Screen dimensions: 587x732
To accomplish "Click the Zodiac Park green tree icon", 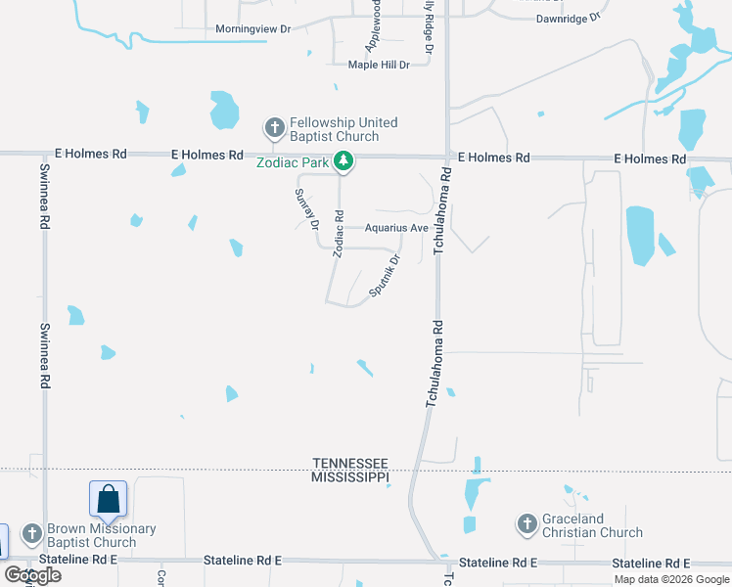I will pyautogui.click(x=343, y=161).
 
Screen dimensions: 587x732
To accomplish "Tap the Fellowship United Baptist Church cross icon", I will pyautogui.click(x=274, y=128).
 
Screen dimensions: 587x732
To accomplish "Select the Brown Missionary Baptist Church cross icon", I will pyautogui.click(x=31, y=534).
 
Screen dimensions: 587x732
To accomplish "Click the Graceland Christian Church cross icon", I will pyautogui.click(x=526, y=524).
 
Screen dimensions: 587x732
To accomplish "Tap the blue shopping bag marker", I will pyautogui.click(x=108, y=499).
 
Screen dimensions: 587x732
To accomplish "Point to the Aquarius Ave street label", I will pyautogui.click(x=396, y=228).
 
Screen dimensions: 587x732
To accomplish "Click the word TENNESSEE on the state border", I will pyautogui.click(x=350, y=463).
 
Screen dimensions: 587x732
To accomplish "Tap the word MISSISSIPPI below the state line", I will pyautogui.click(x=350, y=476).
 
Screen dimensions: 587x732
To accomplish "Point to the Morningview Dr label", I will pyautogui.click(x=253, y=29).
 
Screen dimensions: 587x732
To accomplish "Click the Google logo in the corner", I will pyautogui.click(x=32, y=574).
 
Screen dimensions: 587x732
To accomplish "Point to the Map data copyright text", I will pyautogui.click(x=671, y=579).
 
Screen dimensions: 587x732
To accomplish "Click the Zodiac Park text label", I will pyautogui.click(x=293, y=162).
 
